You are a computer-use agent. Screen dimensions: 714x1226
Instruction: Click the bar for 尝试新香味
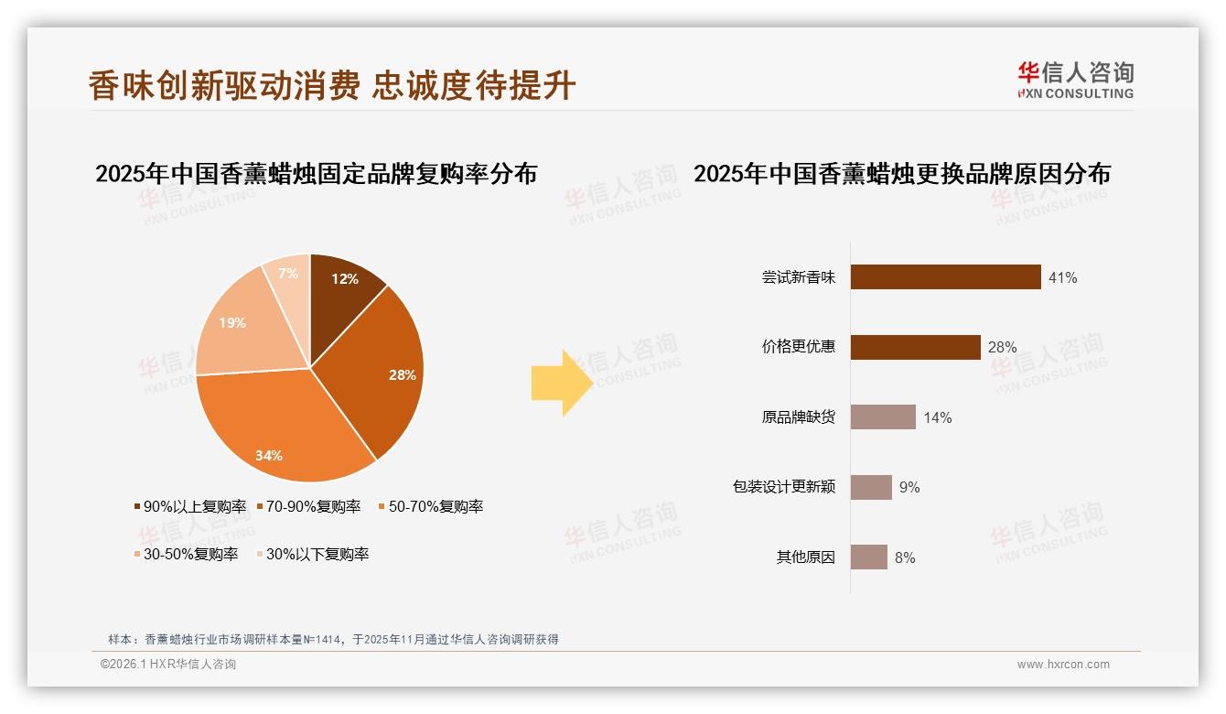pyautogui.click(x=945, y=276)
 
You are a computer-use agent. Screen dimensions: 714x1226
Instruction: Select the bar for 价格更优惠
pyautogui.click(x=915, y=347)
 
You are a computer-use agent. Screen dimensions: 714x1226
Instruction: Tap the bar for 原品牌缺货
pyautogui.click(x=883, y=417)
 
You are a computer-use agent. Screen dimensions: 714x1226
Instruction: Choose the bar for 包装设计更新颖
pyautogui.click(x=871, y=487)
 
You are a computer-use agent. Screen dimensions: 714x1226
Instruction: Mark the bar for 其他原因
pyautogui.click(x=868, y=557)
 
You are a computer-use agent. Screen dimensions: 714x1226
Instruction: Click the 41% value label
pyautogui.click(x=1062, y=277)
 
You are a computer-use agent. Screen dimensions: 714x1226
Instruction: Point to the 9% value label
pyautogui.click(x=909, y=488)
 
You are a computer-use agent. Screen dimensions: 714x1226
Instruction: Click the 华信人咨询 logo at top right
pyautogui.click(x=1075, y=81)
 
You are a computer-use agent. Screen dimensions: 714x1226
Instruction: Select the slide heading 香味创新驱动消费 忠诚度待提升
pyautogui.click(x=332, y=85)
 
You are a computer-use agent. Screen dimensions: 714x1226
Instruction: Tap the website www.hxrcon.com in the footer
pyautogui.click(x=1063, y=665)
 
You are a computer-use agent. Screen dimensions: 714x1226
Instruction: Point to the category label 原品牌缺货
pyautogui.click(x=798, y=417)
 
